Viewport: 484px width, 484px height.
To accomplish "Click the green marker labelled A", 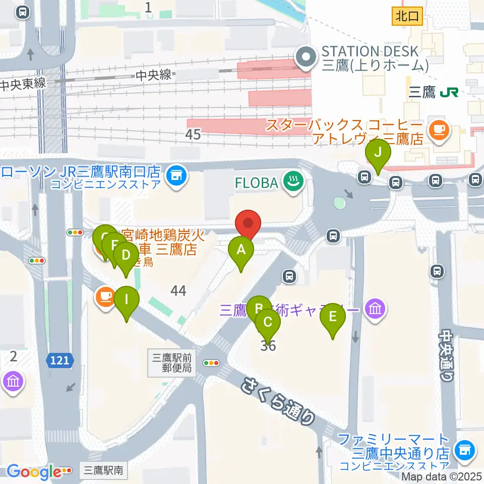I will [x=241, y=250].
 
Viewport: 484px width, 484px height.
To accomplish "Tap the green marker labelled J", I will [x=378, y=152].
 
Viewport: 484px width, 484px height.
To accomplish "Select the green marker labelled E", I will [x=333, y=317].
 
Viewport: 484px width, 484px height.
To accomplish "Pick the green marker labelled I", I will [x=126, y=299].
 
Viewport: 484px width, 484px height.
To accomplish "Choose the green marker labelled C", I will [x=268, y=322].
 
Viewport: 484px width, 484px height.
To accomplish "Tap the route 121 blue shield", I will [x=60, y=360].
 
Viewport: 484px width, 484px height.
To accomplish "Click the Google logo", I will [x=34, y=472].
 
